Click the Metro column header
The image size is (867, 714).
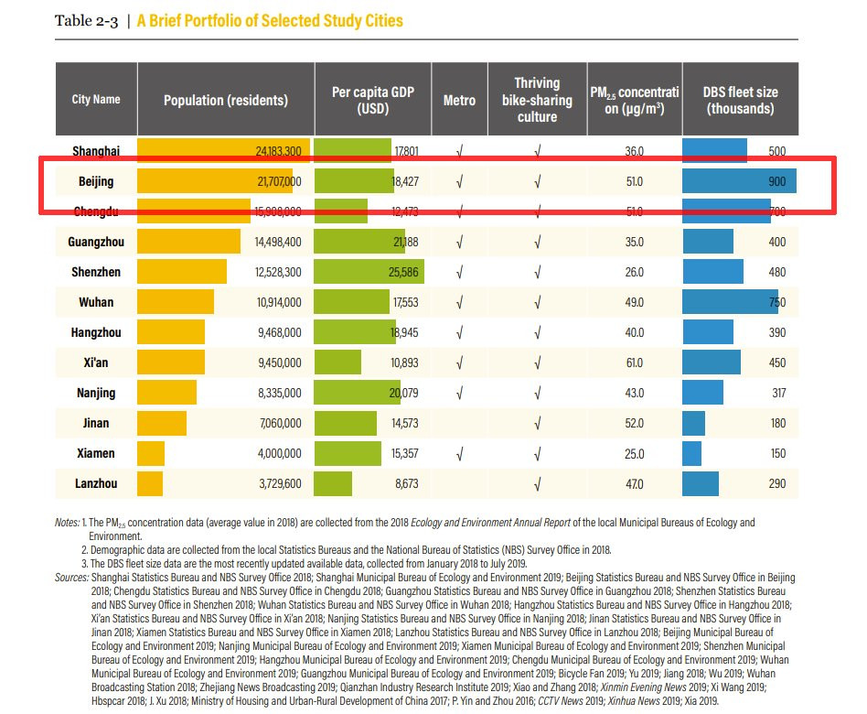click(x=459, y=100)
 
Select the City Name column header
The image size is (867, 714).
click(x=96, y=100)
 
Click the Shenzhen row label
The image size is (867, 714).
click(x=96, y=272)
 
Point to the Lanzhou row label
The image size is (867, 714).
click(x=96, y=483)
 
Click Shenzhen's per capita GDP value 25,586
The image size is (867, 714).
click(x=402, y=272)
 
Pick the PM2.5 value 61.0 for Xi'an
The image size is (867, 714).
click(x=634, y=362)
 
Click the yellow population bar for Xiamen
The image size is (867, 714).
click(x=152, y=453)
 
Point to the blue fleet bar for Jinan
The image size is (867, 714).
click(x=693, y=423)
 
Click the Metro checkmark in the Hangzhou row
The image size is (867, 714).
click(x=459, y=332)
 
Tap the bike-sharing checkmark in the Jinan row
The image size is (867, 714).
click(x=537, y=423)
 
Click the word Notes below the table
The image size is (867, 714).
click(x=67, y=523)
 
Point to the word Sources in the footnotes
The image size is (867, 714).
click(x=71, y=578)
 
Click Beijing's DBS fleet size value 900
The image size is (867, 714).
click(x=776, y=181)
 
